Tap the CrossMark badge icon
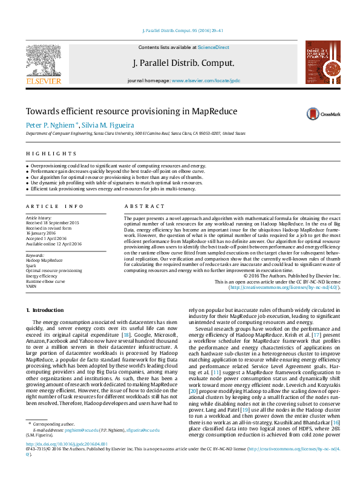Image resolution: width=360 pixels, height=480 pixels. coord(313,114)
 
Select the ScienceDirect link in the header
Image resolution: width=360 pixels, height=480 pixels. coord(214,47)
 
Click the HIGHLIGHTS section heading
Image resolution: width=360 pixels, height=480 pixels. coord(51,154)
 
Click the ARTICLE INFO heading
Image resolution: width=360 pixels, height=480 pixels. coord(54,206)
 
